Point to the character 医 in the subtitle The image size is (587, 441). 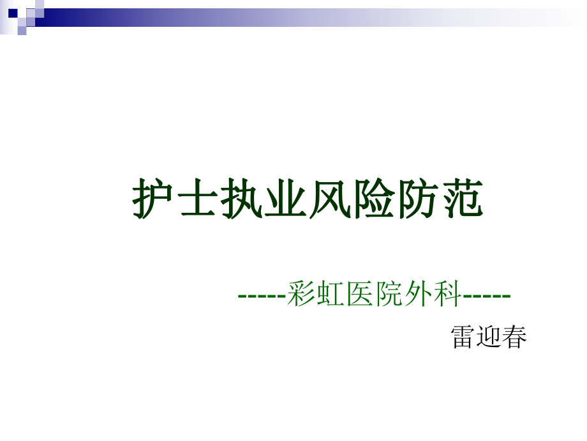pyautogui.click(x=359, y=295)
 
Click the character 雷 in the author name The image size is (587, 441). pyautogui.click(x=463, y=336)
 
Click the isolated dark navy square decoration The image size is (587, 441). pyautogui.click(x=13, y=13)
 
